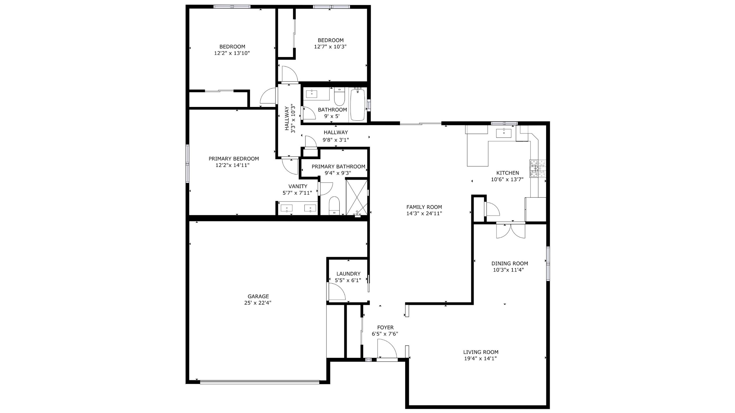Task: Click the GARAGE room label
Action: [x=258, y=297]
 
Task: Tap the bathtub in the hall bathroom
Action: [x=357, y=105]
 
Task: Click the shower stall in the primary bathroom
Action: [x=357, y=197]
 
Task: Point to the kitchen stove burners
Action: [x=537, y=168]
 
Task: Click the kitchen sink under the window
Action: [x=504, y=133]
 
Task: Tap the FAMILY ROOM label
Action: [x=424, y=207]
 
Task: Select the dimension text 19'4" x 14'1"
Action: [x=480, y=359]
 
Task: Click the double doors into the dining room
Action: [x=511, y=231]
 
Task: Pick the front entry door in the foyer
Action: [x=387, y=349]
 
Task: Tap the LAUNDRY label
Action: [x=348, y=274]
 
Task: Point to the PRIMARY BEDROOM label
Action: [x=234, y=159]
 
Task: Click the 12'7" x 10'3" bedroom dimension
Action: [x=330, y=47]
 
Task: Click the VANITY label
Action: [x=298, y=186]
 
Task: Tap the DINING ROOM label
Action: [x=510, y=264]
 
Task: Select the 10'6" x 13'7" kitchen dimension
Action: [x=507, y=180]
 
